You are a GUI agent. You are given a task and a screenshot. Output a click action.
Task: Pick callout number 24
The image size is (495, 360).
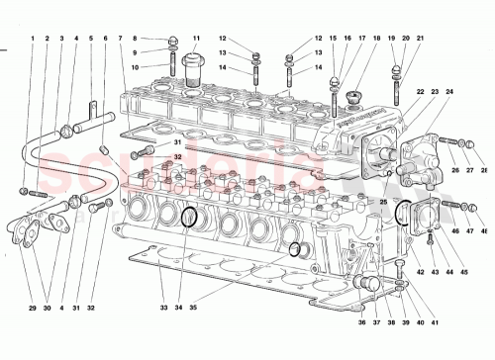click(x=449, y=92)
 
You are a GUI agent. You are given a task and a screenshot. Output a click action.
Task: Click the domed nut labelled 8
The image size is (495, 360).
click(x=175, y=41)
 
